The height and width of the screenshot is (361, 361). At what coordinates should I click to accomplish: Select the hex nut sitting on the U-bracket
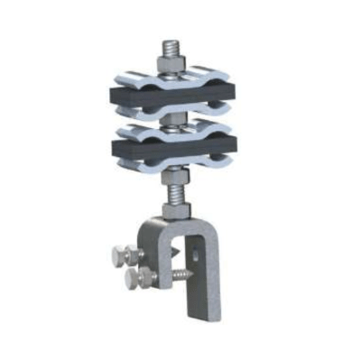(x=177, y=209)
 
